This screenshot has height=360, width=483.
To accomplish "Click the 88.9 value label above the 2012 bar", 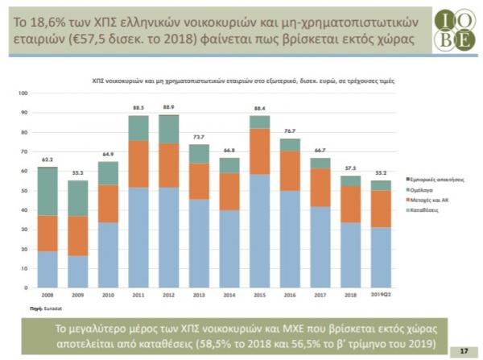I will coord(169,107).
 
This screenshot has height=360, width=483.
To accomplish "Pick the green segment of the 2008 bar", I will coord(48,191).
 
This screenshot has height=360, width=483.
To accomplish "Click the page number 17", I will coord(463,351).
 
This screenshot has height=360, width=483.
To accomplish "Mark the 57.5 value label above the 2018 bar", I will coord(350,168).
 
